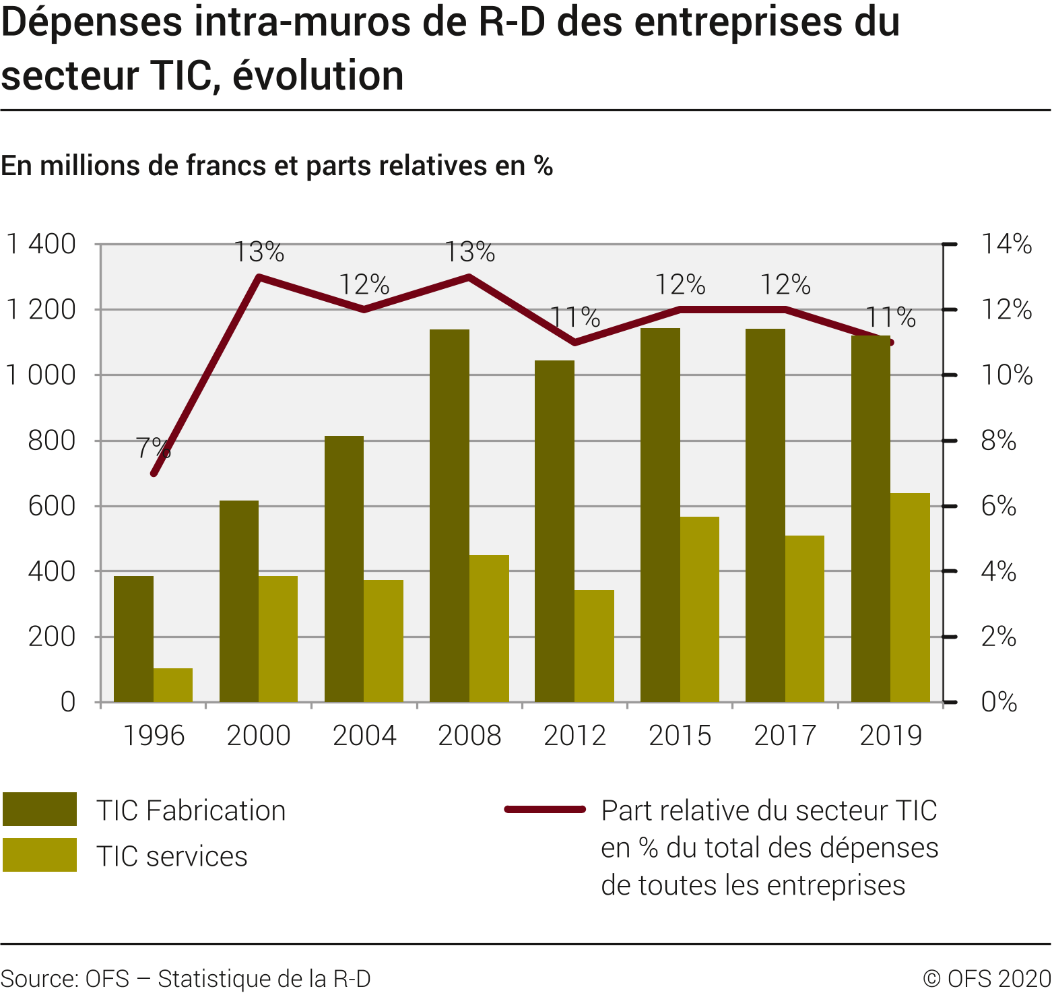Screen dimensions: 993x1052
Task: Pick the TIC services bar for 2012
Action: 594,646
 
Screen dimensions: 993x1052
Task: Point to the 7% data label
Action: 153,447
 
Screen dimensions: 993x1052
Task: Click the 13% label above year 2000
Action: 259,253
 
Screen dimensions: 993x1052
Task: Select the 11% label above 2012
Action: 575,317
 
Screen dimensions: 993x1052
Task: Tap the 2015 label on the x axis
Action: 680,735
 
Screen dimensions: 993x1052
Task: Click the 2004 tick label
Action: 364,735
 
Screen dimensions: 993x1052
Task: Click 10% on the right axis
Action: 1006,375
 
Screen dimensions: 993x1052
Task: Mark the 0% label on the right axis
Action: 999,702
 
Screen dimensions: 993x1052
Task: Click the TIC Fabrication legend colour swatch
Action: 40,809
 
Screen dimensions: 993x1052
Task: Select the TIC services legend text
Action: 172,856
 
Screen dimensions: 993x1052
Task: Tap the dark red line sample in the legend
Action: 545,809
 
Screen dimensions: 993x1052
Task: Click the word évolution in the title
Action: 318,75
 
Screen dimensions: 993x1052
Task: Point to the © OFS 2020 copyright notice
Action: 987,978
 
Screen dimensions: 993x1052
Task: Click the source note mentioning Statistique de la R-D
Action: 186,978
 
